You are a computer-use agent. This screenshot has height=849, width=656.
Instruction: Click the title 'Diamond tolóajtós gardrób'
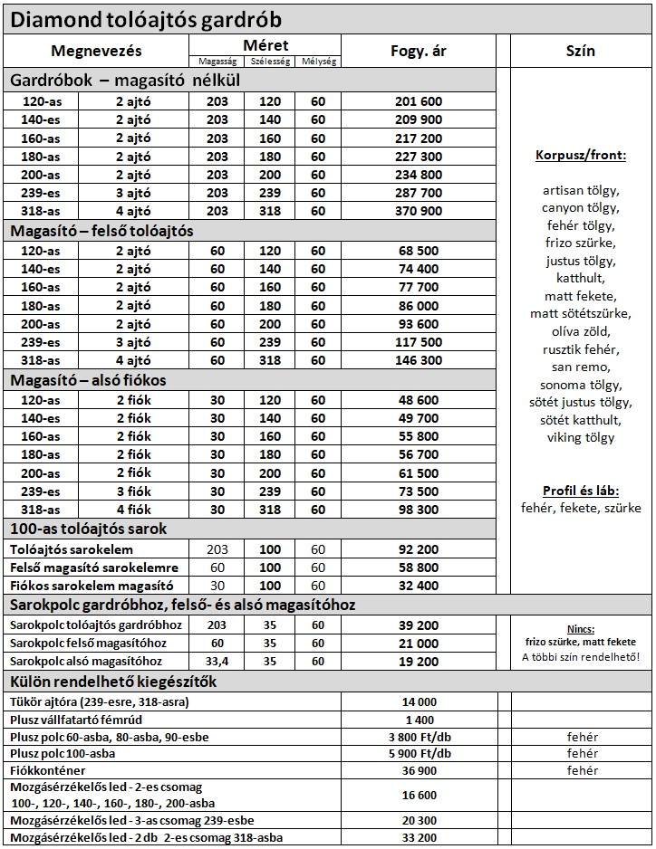145,19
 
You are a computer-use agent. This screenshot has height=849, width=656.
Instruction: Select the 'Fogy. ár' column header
419,52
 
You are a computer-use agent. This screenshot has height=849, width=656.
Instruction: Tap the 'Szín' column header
580,52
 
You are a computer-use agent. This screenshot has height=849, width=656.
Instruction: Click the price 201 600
419,101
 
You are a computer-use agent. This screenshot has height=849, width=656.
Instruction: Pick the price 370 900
419,211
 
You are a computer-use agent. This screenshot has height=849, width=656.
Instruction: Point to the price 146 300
419,360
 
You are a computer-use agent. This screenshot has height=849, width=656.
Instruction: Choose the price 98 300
419,510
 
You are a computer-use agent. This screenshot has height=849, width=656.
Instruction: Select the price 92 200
419,549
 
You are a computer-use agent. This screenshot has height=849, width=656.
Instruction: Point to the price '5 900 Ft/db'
419,753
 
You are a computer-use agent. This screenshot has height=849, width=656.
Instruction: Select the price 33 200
419,837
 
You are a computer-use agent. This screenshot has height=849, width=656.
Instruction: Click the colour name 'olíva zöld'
581,331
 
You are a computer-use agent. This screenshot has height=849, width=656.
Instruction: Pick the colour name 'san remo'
581,367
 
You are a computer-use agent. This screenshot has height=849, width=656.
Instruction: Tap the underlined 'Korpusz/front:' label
581,156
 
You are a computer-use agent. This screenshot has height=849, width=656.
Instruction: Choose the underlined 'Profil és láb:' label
581,490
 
